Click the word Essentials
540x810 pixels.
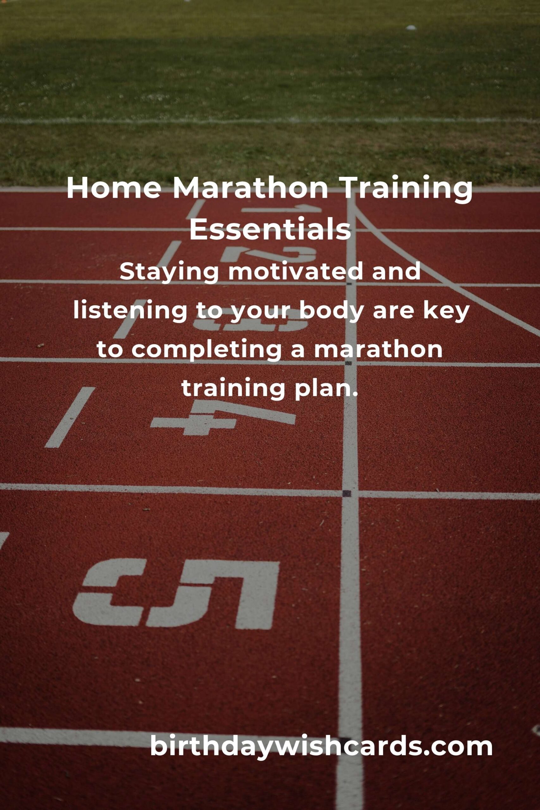270,229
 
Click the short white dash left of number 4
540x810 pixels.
70,417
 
